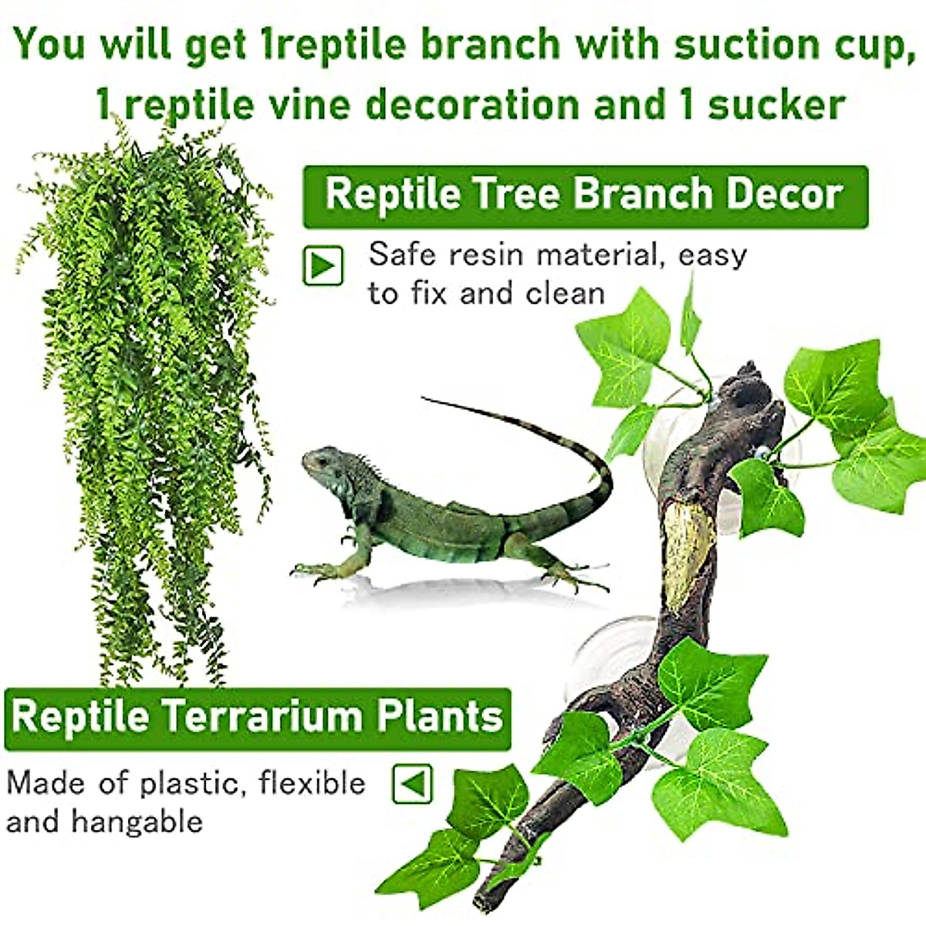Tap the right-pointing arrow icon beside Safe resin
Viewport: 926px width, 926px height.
point(323,266)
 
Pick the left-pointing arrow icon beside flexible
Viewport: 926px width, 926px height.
point(413,785)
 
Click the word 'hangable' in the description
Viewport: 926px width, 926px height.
point(137,822)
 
